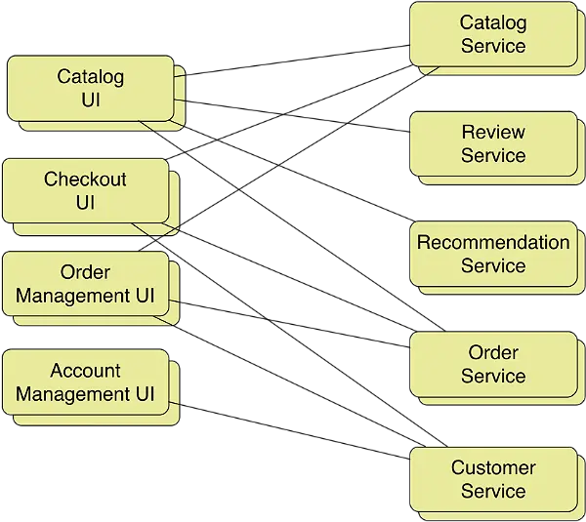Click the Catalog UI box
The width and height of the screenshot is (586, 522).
[x=92, y=88]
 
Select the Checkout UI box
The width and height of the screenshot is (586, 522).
[x=85, y=191]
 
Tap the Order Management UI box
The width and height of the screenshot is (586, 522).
[x=85, y=284]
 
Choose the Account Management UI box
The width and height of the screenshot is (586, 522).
[x=85, y=382]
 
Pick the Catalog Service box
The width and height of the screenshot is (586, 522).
[x=492, y=34]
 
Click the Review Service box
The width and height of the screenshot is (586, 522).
[x=492, y=143]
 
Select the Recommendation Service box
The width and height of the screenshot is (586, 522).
[x=492, y=254]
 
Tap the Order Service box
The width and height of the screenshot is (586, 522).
[x=492, y=364]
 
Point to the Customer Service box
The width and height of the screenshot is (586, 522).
[x=492, y=479]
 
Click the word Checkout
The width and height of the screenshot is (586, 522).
[x=85, y=180]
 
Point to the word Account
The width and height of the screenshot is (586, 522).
[x=85, y=371]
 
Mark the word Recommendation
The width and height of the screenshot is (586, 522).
[x=493, y=242]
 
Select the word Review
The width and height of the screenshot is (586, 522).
[x=493, y=132]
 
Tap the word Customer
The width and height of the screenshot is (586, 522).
[x=493, y=467]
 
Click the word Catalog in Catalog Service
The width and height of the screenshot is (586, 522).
[x=493, y=22]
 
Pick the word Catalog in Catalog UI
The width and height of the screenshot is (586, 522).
[x=92, y=76]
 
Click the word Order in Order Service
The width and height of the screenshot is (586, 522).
[x=493, y=352]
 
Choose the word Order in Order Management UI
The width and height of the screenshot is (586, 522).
[x=85, y=272]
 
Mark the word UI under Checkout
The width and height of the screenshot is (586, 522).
[x=85, y=203]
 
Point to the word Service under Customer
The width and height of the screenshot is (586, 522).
[x=493, y=491]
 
